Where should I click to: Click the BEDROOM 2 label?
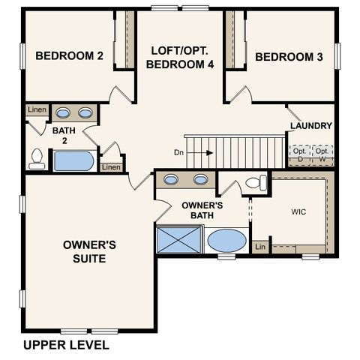pos(68,55)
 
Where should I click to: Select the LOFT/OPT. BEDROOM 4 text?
pos(180,57)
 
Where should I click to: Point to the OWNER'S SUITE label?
pos(89,251)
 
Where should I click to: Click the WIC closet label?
pos(298,211)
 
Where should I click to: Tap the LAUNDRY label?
pos(310,126)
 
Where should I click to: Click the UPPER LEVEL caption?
pos(66,346)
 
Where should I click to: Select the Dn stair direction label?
pos(178,152)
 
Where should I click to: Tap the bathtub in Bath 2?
pos(73,161)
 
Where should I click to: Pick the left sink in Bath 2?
pos(64,113)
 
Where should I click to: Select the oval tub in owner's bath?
pos(226,241)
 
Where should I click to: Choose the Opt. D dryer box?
pos(300,154)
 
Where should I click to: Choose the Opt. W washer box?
pos(322,154)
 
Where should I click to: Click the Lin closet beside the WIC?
pos(260,247)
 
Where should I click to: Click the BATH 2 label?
pos(64,135)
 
